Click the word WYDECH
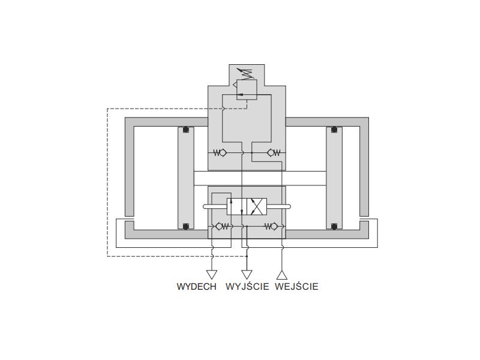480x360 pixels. [197, 287]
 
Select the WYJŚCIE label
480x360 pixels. [247, 286]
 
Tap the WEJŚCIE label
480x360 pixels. [296, 286]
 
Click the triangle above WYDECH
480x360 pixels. [212, 275]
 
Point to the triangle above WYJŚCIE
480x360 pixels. [247, 275]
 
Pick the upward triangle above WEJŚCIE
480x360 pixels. [281, 275]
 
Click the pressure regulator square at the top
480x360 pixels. [247, 89]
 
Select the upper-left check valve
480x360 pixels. [220, 152]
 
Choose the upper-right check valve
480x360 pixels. [274, 152]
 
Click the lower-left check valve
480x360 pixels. [222, 227]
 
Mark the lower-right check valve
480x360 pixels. [271, 227]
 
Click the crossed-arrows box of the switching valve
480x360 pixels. [257, 206]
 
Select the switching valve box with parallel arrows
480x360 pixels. [236, 206]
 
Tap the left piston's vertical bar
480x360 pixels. [186, 178]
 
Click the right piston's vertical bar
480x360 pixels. [334, 178]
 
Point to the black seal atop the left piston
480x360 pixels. [186, 130]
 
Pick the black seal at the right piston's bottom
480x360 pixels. [334, 226]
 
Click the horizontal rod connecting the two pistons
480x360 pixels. [260, 178]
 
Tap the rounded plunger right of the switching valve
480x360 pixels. [279, 206]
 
